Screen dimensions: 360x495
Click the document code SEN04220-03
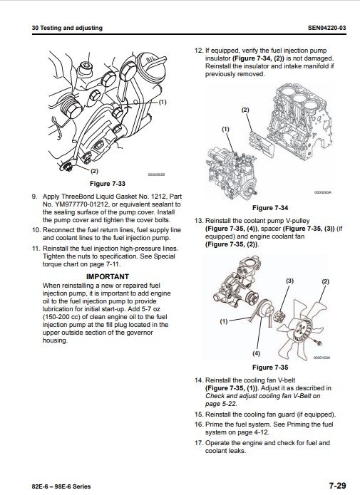click(x=326, y=28)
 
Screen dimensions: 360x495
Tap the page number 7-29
click(x=338, y=486)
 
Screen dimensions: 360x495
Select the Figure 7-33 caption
click(x=108, y=184)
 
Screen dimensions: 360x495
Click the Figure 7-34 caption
click(x=270, y=208)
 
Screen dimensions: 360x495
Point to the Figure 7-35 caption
click(x=270, y=368)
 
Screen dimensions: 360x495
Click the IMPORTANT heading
click(x=108, y=276)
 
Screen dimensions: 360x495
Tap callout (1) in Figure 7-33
click(x=162, y=102)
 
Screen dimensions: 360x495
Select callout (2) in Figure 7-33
click(x=95, y=171)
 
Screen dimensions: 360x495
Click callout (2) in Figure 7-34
click(x=245, y=110)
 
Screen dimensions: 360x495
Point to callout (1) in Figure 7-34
click(x=225, y=129)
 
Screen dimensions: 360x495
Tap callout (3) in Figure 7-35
click(x=290, y=281)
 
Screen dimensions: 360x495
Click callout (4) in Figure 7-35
click(x=257, y=353)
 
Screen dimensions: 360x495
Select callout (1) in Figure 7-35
click(x=224, y=322)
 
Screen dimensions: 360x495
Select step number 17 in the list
click(x=199, y=443)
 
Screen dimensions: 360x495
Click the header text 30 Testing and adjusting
click(x=67, y=28)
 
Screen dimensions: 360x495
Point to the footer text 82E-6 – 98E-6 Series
click(x=61, y=486)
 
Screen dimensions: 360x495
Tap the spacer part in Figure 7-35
click(x=279, y=316)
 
